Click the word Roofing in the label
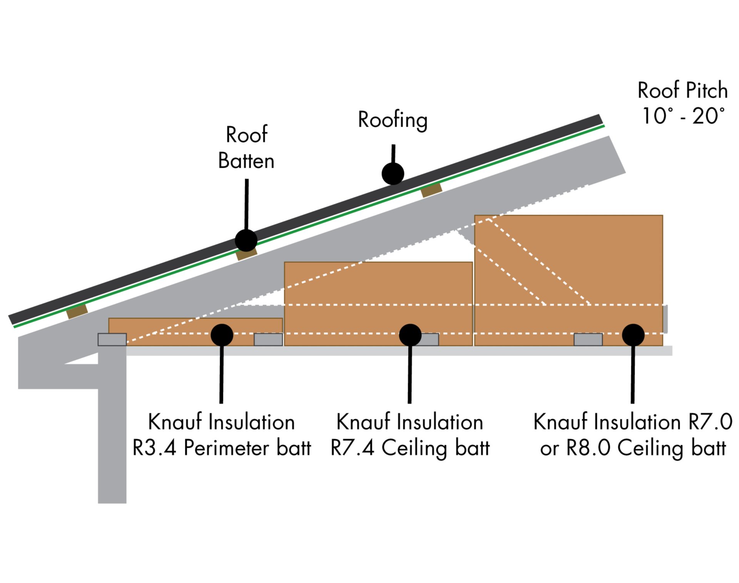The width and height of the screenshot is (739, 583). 393,120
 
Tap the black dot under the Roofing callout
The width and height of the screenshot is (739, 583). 393,173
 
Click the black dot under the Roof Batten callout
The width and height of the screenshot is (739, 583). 246,240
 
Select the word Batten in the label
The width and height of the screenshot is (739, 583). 246,161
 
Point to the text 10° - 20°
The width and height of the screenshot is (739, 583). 683,116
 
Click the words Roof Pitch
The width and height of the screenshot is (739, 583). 682,91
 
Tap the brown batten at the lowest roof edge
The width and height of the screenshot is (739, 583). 77,311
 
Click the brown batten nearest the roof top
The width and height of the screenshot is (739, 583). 431,190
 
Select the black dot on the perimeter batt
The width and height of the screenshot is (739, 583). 222,335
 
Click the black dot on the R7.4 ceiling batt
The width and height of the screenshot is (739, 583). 410,335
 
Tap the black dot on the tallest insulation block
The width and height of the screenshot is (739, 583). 633,335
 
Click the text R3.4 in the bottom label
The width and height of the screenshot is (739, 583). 154,448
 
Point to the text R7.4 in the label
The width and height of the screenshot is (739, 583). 352,448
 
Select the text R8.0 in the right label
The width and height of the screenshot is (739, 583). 588,448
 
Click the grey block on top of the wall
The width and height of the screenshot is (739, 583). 112,339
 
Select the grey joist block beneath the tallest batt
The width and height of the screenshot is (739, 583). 588,339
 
